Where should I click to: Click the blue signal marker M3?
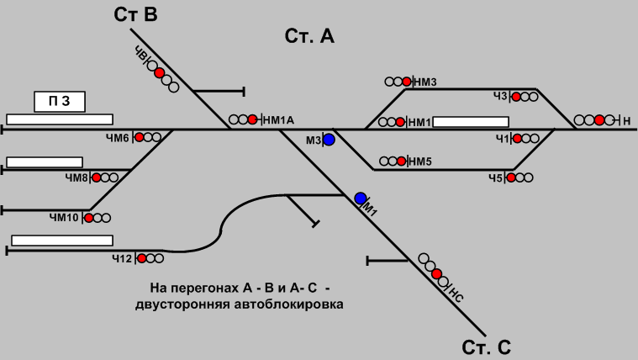pyautogui.click(x=330, y=140)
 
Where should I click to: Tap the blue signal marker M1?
pyautogui.click(x=361, y=199)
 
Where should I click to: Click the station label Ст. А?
pyautogui.click(x=310, y=35)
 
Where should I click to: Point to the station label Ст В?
pyautogui.click(x=135, y=14)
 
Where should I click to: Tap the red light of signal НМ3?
pyautogui.click(x=407, y=82)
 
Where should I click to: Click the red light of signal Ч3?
pyautogui.click(x=516, y=97)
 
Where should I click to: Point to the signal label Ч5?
pyautogui.click(x=495, y=177)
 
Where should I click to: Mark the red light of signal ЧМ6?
pyautogui.click(x=139, y=137)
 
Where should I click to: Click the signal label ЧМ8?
pyautogui.click(x=76, y=177)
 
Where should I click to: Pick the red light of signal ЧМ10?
pyautogui.click(x=87, y=218)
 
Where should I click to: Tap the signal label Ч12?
pyautogui.click(x=122, y=258)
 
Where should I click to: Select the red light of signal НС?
pyautogui.click(x=436, y=274)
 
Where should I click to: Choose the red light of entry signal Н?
pyautogui.click(x=599, y=120)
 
